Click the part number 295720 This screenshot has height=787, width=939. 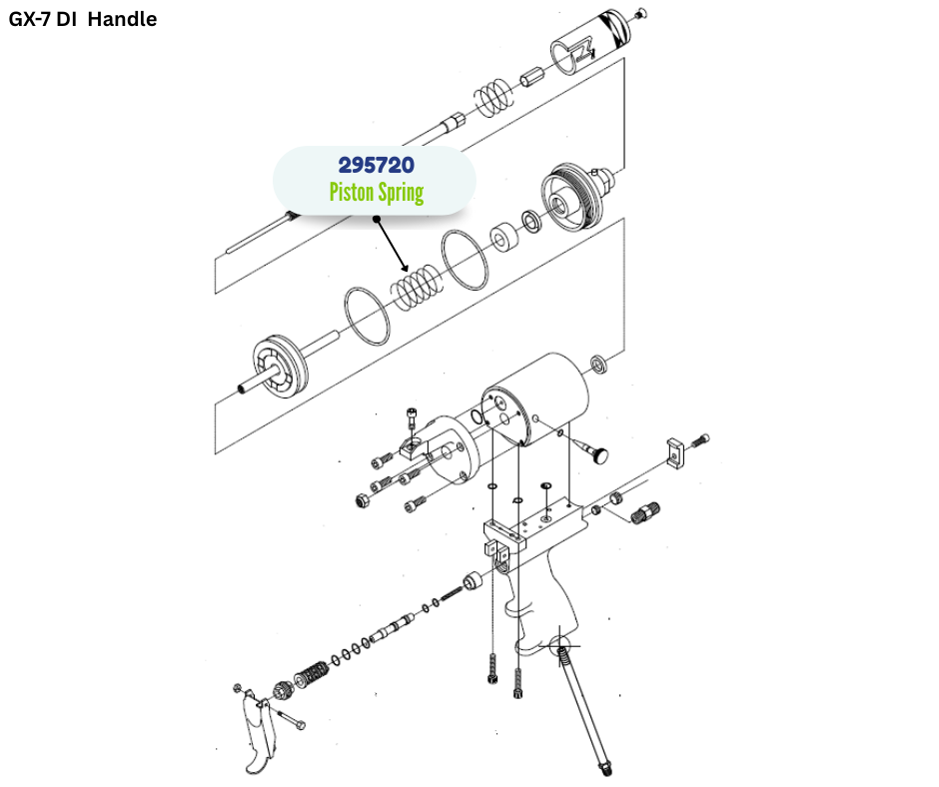click(x=376, y=164)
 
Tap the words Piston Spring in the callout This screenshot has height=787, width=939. click(x=376, y=193)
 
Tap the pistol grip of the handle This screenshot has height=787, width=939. click(x=539, y=605)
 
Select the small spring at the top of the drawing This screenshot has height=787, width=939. click(x=492, y=96)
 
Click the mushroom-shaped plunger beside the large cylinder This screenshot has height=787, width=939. click(x=598, y=455)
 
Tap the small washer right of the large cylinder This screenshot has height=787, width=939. click(x=598, y=362)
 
